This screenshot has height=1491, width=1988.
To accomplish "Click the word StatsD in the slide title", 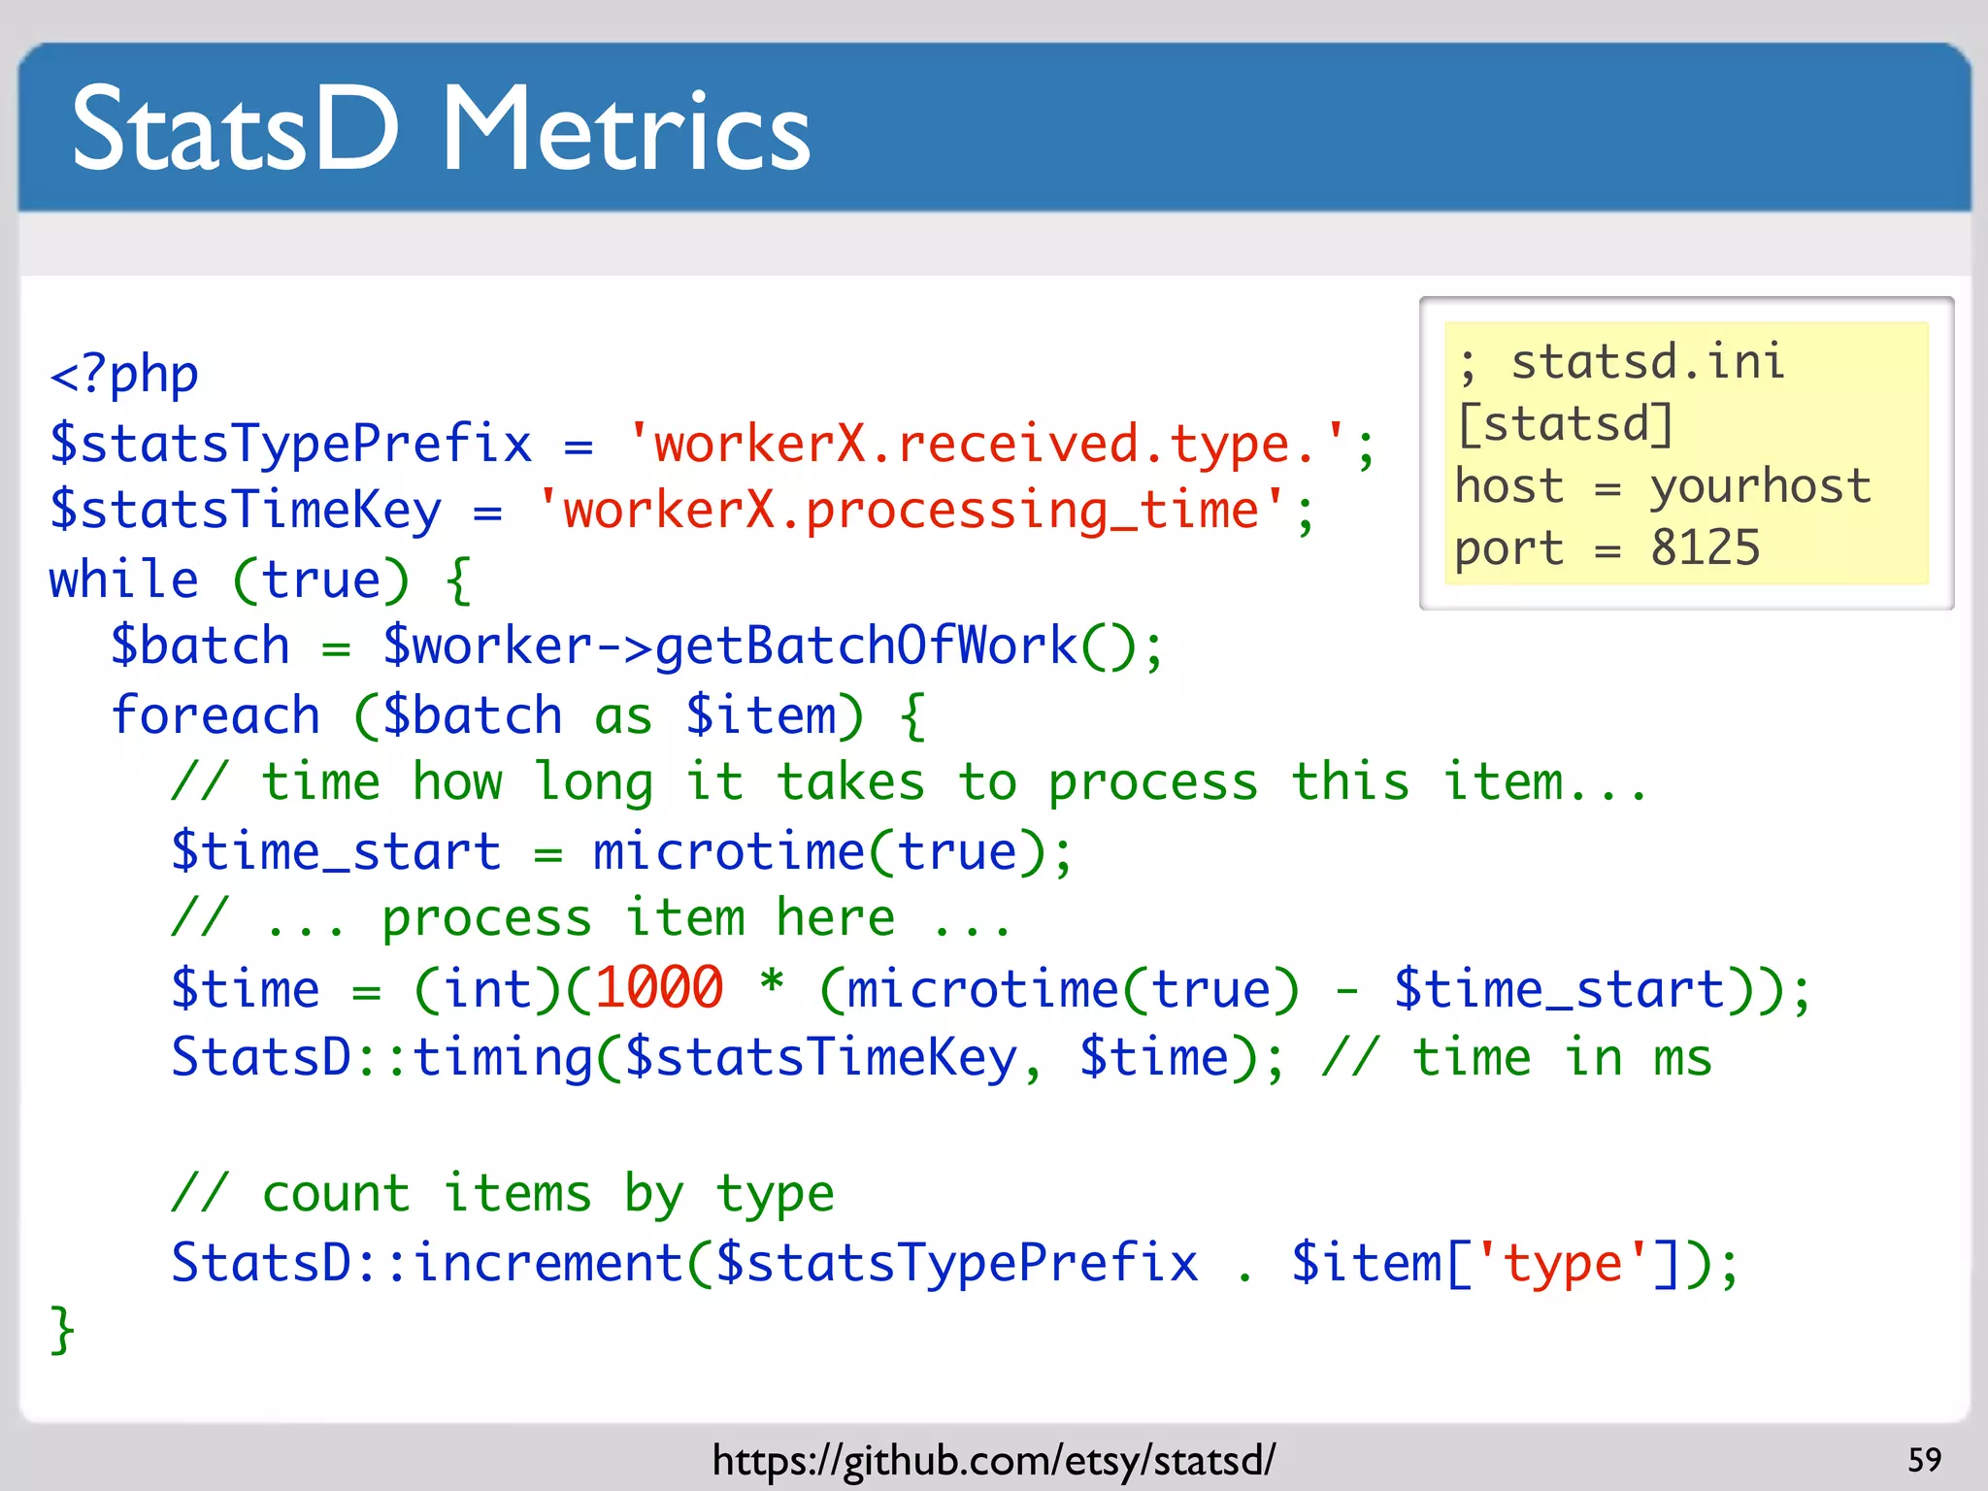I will tap(236, 130).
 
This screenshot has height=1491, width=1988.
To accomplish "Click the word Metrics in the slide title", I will tap(626, 130).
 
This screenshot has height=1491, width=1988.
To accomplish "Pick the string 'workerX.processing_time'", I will tap(911, 511).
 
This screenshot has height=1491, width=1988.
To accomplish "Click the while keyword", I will tap(123, 580).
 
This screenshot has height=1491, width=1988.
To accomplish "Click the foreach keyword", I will tap(215, 716).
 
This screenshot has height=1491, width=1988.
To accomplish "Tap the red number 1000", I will tap(659, 988).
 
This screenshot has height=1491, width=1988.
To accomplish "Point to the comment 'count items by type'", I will tap(503, 1194).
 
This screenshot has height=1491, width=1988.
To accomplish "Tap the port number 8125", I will tap(1705, 548).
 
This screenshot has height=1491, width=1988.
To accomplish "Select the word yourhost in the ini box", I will tap(1760, 486).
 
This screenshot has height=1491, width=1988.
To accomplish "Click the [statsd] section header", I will tap(1565, 424).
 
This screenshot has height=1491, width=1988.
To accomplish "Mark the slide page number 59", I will tap(1924, 1460).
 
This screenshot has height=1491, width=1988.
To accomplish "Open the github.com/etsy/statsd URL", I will tap(993, 1460).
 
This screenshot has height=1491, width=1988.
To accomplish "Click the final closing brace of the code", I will tap(62, 1330).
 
